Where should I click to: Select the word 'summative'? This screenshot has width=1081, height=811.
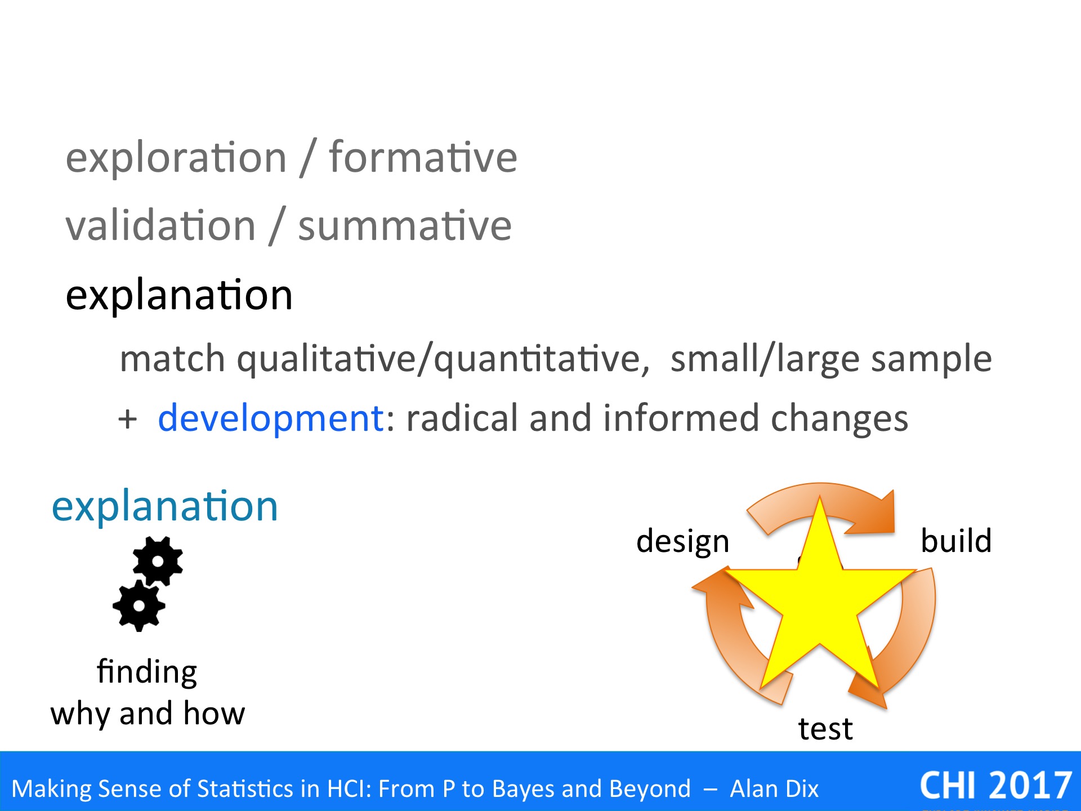(x=405, y=225)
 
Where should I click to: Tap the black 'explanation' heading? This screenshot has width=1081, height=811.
(x=179, y=296)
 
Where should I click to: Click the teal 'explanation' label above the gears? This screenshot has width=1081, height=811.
(x=165, y=507)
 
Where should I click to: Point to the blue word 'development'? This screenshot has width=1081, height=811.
(x=271, y=418)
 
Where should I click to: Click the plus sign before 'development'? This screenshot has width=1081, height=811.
(x=128, y=420)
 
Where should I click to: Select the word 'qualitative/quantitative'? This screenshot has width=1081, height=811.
(x=443, y=359)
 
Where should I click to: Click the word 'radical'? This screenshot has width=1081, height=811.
(x=462, y=418)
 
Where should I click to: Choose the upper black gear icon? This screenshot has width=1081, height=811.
(x=158, y=562)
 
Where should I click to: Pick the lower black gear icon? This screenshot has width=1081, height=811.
(x=139, y=606)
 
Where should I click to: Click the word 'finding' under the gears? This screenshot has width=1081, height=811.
(x=147, y=672)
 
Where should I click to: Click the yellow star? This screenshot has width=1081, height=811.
(x=820, y=603)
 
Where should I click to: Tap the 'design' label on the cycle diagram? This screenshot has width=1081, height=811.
(x=683, y=542)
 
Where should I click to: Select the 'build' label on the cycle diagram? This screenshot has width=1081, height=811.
(x=956, y=541)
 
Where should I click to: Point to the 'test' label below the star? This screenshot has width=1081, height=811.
(x=825, y=729)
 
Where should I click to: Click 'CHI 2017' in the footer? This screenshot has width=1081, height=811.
(x=995, y=786)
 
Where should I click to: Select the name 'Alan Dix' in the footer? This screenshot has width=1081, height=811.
(x=774, y=788)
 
